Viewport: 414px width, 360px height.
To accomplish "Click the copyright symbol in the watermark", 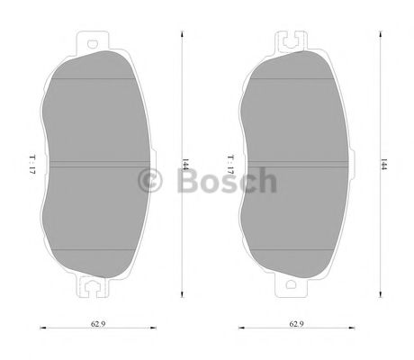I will [x=150, y=181].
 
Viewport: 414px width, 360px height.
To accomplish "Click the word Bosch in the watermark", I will [x=226, y=181].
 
